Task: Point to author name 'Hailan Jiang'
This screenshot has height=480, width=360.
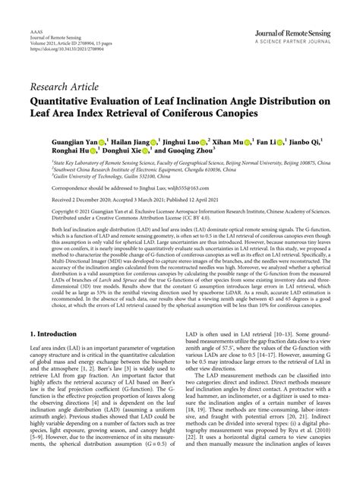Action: click(x=130, y=141)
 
